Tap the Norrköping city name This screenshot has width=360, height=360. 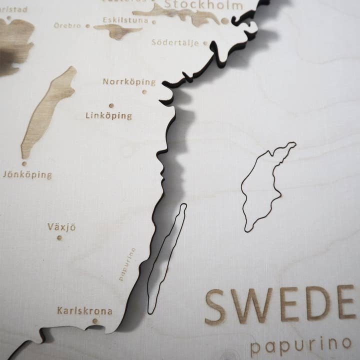(x=129, y=81)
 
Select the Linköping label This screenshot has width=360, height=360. (x=108, y=116)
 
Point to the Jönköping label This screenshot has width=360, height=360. (x=27, y=175)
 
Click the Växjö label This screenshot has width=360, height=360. (x=61, y=227)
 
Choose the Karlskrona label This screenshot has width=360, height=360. (x=84, y=311)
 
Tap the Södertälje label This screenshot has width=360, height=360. (x=175, y=42)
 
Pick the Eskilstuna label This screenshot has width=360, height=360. (x=125, y=20)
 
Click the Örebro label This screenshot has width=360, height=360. (x=67, y=25)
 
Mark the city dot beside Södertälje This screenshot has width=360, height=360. (x=205, y=43)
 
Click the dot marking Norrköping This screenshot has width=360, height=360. (x=144, y=91)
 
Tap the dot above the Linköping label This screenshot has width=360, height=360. (x=111, y=105)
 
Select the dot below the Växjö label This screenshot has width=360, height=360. (x=59, y=237)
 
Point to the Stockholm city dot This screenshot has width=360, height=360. (x=225, y=21)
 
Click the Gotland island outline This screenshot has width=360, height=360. (x=265, y=187)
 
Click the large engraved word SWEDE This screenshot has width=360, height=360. (x=280, y=304)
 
